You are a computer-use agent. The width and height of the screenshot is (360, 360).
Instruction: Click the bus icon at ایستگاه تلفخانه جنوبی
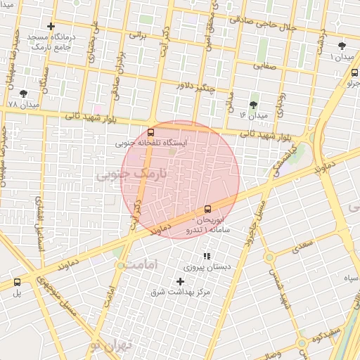pos(151,132)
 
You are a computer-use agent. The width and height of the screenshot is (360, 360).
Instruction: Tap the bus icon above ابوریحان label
pos(207,209)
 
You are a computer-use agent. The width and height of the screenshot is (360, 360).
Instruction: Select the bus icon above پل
pos(17,282)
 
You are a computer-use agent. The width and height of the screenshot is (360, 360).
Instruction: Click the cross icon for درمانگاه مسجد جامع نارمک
pos(51,26)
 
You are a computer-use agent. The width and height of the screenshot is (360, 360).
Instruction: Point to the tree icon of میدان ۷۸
pos(24,93)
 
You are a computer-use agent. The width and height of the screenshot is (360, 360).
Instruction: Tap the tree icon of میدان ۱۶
pos(254,104)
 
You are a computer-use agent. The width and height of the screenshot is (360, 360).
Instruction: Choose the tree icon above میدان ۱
pos(342,45)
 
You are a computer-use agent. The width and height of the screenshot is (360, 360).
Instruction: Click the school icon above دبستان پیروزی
pos(206,256)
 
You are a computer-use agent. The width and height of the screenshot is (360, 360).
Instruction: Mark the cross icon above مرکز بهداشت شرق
pos(180,281)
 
